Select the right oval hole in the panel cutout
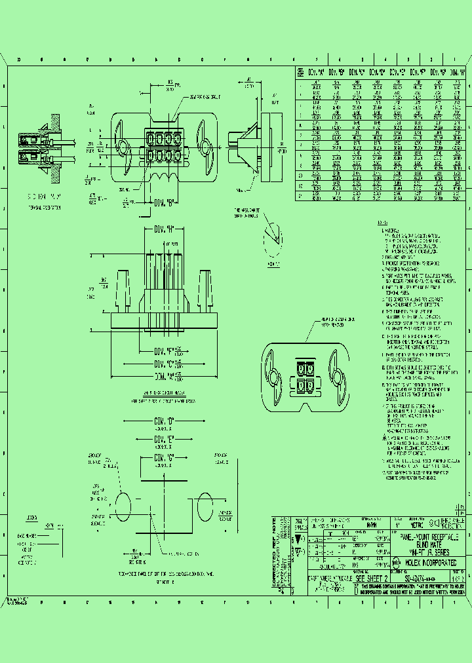pyautogui.click(x=203, y=508)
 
